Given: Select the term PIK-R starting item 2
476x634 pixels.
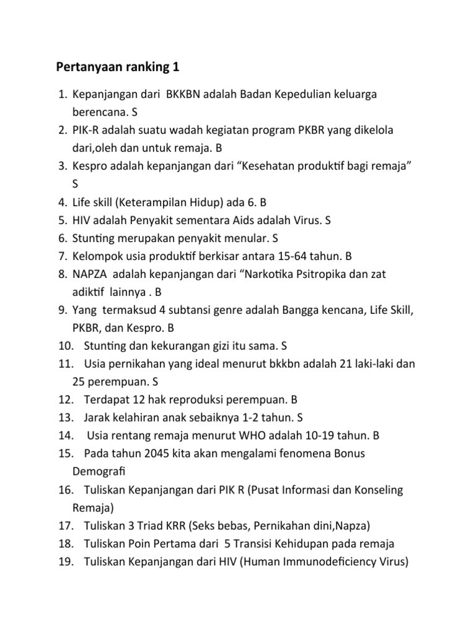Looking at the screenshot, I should click(x=86, y=130).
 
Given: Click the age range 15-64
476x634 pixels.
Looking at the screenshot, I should click(x=293, y=256).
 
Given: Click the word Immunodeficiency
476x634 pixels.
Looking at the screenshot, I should click(x=322, y=562).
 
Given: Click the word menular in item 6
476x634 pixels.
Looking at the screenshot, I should click(x=247, y=238).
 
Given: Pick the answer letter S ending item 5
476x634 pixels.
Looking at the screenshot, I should click(x=328, y=220).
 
